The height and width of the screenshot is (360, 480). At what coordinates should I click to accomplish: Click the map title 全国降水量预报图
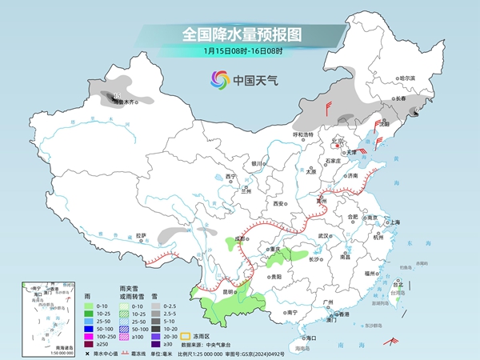coord(240,34)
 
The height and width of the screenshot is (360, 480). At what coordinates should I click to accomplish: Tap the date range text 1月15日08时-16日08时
coord(240,53)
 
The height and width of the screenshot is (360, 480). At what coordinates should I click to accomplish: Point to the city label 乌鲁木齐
coord(128,102)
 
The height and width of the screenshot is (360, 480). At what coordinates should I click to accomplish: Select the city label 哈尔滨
coord(408,78)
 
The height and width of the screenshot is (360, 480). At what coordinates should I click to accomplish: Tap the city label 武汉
coord(324,236)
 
